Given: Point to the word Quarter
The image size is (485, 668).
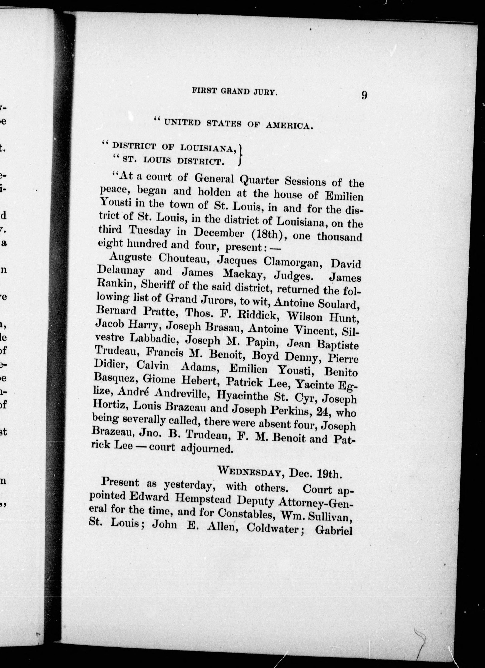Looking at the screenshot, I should point(259,180).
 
